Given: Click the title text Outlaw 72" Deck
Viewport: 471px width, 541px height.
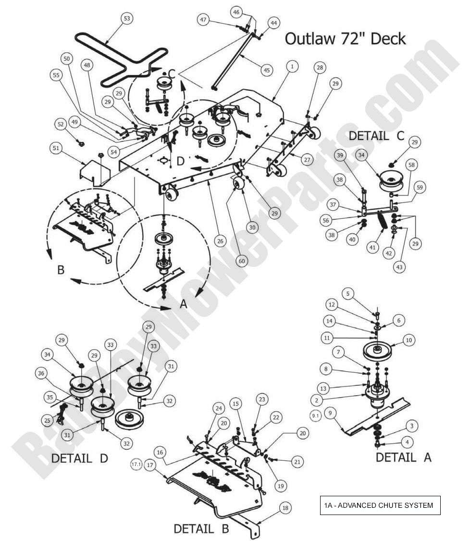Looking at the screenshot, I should coord(345,38).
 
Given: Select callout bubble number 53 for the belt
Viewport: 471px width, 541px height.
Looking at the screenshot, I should coord(126,18).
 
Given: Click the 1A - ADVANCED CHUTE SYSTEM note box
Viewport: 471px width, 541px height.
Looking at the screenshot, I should coord(380,505).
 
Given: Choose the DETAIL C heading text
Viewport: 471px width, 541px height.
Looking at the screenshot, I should coord(377,136).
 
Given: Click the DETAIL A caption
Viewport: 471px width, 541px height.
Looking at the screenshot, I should coord(403,457).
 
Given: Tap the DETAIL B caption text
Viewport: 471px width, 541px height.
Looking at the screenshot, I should coord(201,529).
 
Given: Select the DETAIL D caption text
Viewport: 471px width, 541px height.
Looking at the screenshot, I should coord(79,458).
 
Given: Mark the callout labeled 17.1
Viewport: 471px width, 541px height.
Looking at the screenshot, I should coord(136,465).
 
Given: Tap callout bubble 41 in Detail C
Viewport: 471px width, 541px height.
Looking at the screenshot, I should coord(372,248).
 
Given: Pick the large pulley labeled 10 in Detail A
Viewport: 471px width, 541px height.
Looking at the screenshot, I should coord(377,351).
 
